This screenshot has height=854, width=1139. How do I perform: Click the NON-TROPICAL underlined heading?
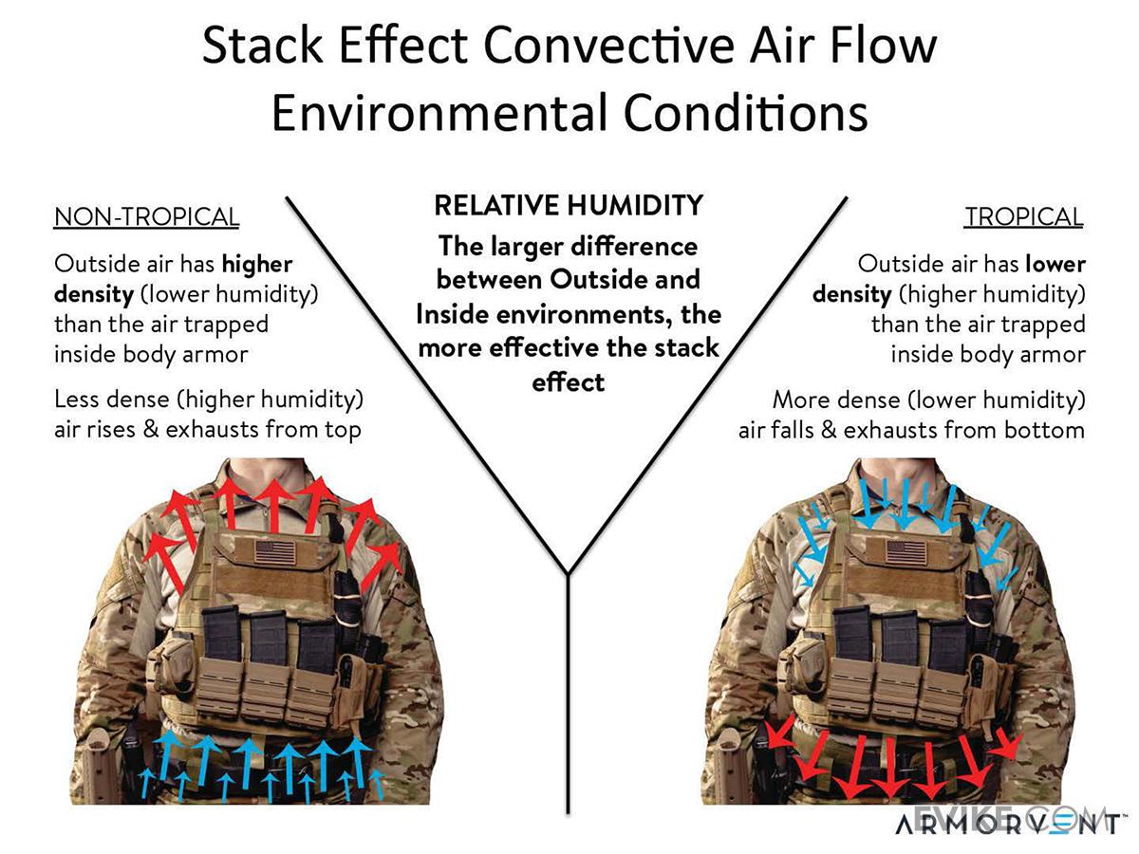pos(146,217)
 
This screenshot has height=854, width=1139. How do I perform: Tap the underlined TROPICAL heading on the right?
pos(1023,217)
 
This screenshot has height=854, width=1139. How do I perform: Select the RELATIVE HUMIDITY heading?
pos(568,205)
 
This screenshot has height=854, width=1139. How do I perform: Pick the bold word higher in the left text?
pos(257,264)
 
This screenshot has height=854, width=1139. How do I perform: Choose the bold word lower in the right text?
pos(1054,264)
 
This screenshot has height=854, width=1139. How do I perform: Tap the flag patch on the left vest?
pos(274,553)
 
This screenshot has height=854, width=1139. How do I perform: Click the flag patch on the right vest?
pos(906,552)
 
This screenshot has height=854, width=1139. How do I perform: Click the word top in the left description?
pos(341,430)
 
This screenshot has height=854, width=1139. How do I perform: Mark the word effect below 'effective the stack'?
pos(568,381)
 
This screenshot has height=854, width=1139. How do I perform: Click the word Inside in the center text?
pos(451,314)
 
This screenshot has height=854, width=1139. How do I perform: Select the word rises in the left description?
pos(123,430)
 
